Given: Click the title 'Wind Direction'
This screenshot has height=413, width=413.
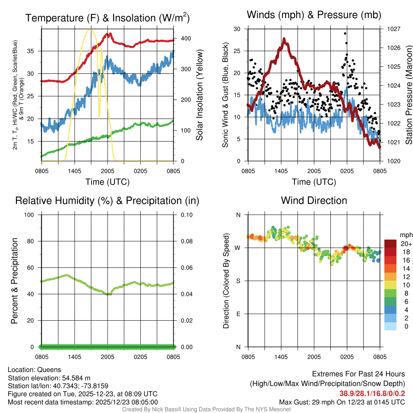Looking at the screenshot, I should (314, 200).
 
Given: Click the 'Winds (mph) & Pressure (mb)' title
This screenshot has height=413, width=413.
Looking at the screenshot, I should (314, 15).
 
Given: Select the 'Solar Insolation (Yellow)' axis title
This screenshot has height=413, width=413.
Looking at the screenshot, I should (199, 95).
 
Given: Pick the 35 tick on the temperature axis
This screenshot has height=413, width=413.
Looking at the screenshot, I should (35, 51).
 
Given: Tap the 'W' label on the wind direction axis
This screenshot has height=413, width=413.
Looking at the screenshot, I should (238, 248).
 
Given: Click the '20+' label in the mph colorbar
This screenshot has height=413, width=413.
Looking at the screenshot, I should (406, 244).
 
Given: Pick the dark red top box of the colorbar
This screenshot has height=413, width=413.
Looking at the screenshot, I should (390, 244).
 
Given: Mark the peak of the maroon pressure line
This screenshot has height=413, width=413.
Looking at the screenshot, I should (284, 39).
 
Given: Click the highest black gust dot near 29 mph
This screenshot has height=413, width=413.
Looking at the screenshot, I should (345, 33).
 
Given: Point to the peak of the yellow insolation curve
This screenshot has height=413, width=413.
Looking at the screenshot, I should (90, 29).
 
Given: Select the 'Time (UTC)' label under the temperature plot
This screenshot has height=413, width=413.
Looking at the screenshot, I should (107, 182).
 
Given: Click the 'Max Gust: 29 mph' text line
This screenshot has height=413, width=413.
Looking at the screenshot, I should (342, 402).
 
